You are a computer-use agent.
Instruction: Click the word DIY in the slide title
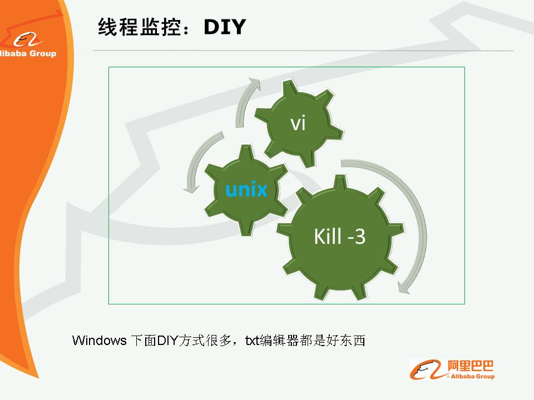click(x=225, y=27)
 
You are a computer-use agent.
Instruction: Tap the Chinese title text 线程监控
click(x=139, y=27)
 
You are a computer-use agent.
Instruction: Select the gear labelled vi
click(x=299, y=123)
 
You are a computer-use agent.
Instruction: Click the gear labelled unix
click(x=246, y=189)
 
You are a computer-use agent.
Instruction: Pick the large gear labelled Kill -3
click(x=340, y=237)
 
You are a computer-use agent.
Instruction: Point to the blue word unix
click(x=246, y=189)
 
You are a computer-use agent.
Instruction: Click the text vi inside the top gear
click(x=298, y=123)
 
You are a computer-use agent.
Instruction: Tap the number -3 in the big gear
click(x=356, y=237)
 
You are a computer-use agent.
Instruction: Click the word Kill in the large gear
click(x=327, y=236)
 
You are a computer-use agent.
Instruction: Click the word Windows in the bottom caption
click(x=99, y=341)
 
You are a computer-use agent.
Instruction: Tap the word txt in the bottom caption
click(x=252, y=341)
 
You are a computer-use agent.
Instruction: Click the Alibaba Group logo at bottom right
click(x=452, y=369)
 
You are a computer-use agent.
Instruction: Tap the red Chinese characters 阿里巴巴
click(x=471, y=366)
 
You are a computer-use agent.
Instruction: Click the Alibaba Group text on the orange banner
click(x=28, y=53)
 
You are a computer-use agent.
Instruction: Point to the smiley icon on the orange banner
click(x=27, y=40)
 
